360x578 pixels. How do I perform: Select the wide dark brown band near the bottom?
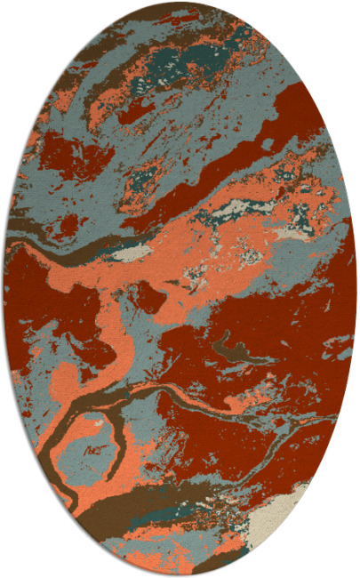click(116, 502)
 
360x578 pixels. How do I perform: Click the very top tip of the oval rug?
click(180, 3)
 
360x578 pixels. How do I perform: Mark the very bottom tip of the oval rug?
click(180, 574)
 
